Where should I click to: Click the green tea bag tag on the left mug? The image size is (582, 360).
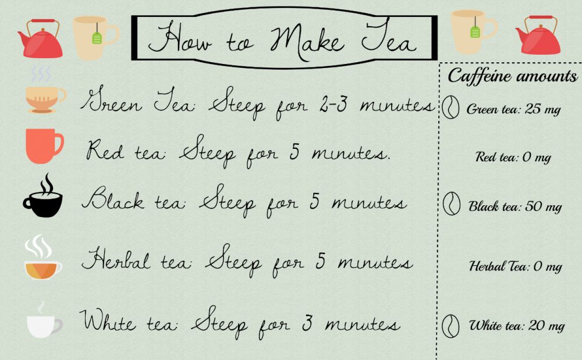point(97,38)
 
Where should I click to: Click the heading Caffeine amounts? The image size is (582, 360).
point(512,76)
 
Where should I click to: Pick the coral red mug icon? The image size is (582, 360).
point(44,146)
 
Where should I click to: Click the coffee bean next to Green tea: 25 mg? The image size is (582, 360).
point(451,108)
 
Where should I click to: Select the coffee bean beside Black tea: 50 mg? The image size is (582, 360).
point(452,204)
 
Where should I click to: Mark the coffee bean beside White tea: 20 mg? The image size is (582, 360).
point(451,326)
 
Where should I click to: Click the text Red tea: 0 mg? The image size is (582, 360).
point(513,158)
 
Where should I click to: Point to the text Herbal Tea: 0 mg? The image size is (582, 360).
point(515,266)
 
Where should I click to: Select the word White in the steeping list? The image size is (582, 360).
point(107,320)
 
